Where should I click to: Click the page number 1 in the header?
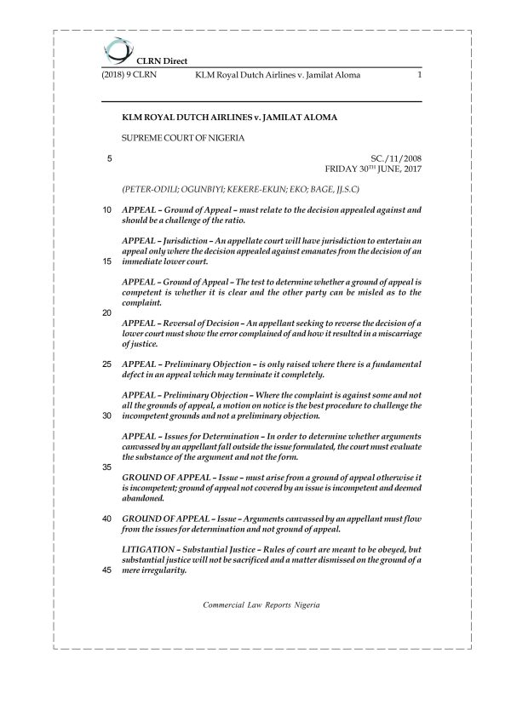420,75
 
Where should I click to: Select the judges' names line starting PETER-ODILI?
241,186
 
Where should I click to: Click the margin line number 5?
106,158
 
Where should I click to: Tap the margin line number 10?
105,209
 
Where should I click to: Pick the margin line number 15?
105,261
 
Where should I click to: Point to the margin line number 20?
105,312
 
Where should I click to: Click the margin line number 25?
105,364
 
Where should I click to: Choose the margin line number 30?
105,415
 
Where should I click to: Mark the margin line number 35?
105,467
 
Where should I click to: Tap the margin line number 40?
105,519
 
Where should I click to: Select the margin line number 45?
105,570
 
